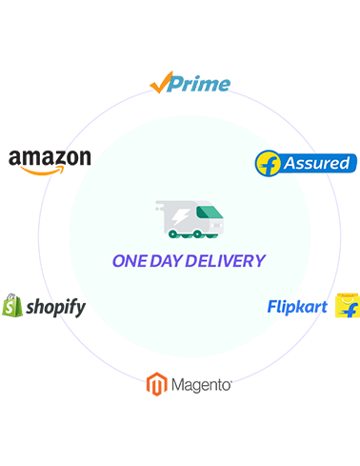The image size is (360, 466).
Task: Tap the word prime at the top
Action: click(x=199, y=86)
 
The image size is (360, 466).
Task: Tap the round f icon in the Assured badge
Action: click(x=270, y=162)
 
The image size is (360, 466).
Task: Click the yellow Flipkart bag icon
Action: click(x=348, y=313)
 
